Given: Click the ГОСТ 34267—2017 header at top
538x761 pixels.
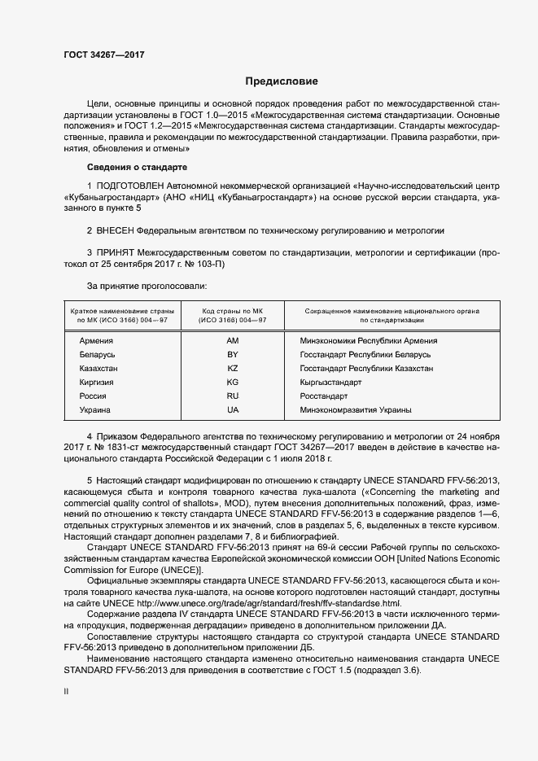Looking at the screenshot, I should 103,56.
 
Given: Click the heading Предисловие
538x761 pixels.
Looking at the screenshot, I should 282,82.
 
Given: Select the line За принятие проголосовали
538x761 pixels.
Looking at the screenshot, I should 147,286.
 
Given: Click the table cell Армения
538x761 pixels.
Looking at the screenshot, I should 96,341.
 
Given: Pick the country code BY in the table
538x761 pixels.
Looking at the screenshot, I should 233,355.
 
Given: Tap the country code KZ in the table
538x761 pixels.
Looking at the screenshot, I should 233,369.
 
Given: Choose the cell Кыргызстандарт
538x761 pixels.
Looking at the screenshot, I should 330,382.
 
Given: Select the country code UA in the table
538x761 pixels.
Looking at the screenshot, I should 233,409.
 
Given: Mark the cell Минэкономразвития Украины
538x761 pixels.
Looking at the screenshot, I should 356,409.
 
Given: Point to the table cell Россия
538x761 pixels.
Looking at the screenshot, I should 93,396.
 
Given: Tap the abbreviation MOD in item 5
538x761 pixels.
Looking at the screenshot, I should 175,505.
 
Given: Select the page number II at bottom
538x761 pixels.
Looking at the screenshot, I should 66,690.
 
